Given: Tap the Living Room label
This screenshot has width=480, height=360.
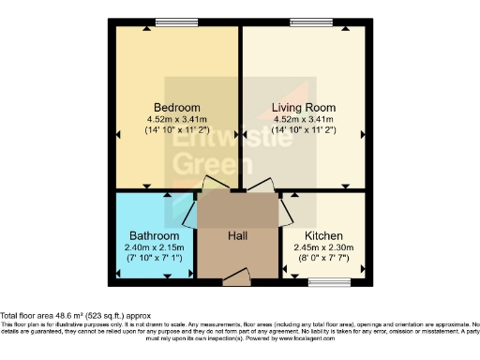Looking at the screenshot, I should click(303, 106).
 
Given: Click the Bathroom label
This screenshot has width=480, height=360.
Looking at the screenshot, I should click(155, 235).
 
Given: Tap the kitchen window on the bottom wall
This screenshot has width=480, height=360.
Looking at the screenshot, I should click(323, 280).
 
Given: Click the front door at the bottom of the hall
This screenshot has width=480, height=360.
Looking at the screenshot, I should click(237, 277).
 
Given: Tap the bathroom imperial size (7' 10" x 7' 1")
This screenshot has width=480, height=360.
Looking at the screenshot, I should click(155, 258).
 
